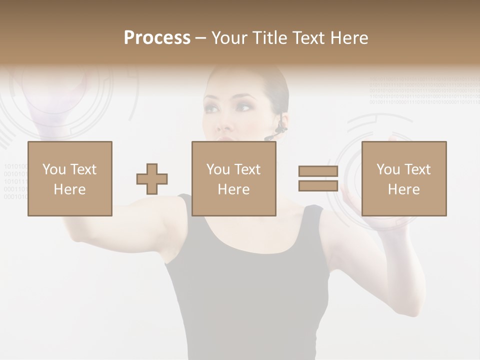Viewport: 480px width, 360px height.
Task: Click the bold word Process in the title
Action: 157,38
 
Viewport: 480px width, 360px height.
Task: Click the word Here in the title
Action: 348,38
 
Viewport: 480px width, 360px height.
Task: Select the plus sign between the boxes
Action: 152,179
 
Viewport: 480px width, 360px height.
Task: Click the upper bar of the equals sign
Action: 318,171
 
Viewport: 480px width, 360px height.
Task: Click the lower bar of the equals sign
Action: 318,185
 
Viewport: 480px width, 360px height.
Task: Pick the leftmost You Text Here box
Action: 69,178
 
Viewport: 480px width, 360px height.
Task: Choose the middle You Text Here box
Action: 233,178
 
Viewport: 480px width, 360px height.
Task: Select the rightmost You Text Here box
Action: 403,178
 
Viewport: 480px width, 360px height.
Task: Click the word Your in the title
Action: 228,38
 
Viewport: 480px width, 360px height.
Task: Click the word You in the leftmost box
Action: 53,169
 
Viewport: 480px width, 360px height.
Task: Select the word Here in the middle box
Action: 233,189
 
